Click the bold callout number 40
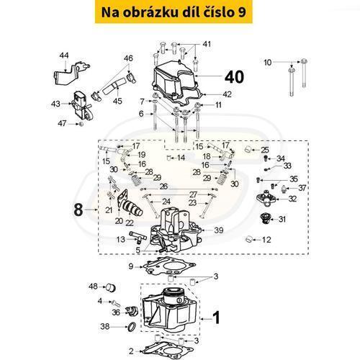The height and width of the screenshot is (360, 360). coord(234,77)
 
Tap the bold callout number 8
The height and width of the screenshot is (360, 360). coord(78,210)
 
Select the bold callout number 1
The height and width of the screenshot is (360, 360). coord(217,318)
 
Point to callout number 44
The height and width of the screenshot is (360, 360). coord(64,55)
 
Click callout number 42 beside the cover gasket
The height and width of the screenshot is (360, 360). coord(227,94)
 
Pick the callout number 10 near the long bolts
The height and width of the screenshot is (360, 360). coord(267,63)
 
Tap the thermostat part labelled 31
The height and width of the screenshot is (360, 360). coord(266,218)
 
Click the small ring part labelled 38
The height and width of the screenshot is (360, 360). coord(132,327)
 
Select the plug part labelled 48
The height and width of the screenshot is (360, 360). coord(111,287)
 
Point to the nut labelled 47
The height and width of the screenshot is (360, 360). coord(81,124)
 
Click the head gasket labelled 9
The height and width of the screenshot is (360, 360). coord(168,266)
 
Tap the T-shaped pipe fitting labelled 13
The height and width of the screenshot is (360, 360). coord(138,236)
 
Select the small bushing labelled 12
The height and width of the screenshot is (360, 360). coord(249,239)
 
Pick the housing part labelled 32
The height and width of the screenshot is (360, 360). coord(266,198)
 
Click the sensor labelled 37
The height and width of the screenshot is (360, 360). coord(284,189)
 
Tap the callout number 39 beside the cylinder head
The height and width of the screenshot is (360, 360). coord(218,230)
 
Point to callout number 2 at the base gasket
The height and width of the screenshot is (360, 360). coord(131,351)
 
